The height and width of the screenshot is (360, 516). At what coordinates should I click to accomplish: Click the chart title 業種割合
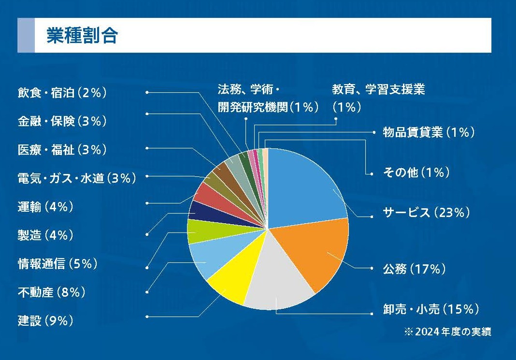click(82, 35)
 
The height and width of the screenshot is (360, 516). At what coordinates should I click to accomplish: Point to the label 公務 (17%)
click(414, 269)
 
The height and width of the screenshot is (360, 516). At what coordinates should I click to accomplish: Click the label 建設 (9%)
click(45, 320)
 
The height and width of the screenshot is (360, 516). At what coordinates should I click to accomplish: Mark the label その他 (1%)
click(416, 172)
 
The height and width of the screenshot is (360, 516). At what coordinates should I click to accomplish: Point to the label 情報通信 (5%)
click(57, 264)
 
